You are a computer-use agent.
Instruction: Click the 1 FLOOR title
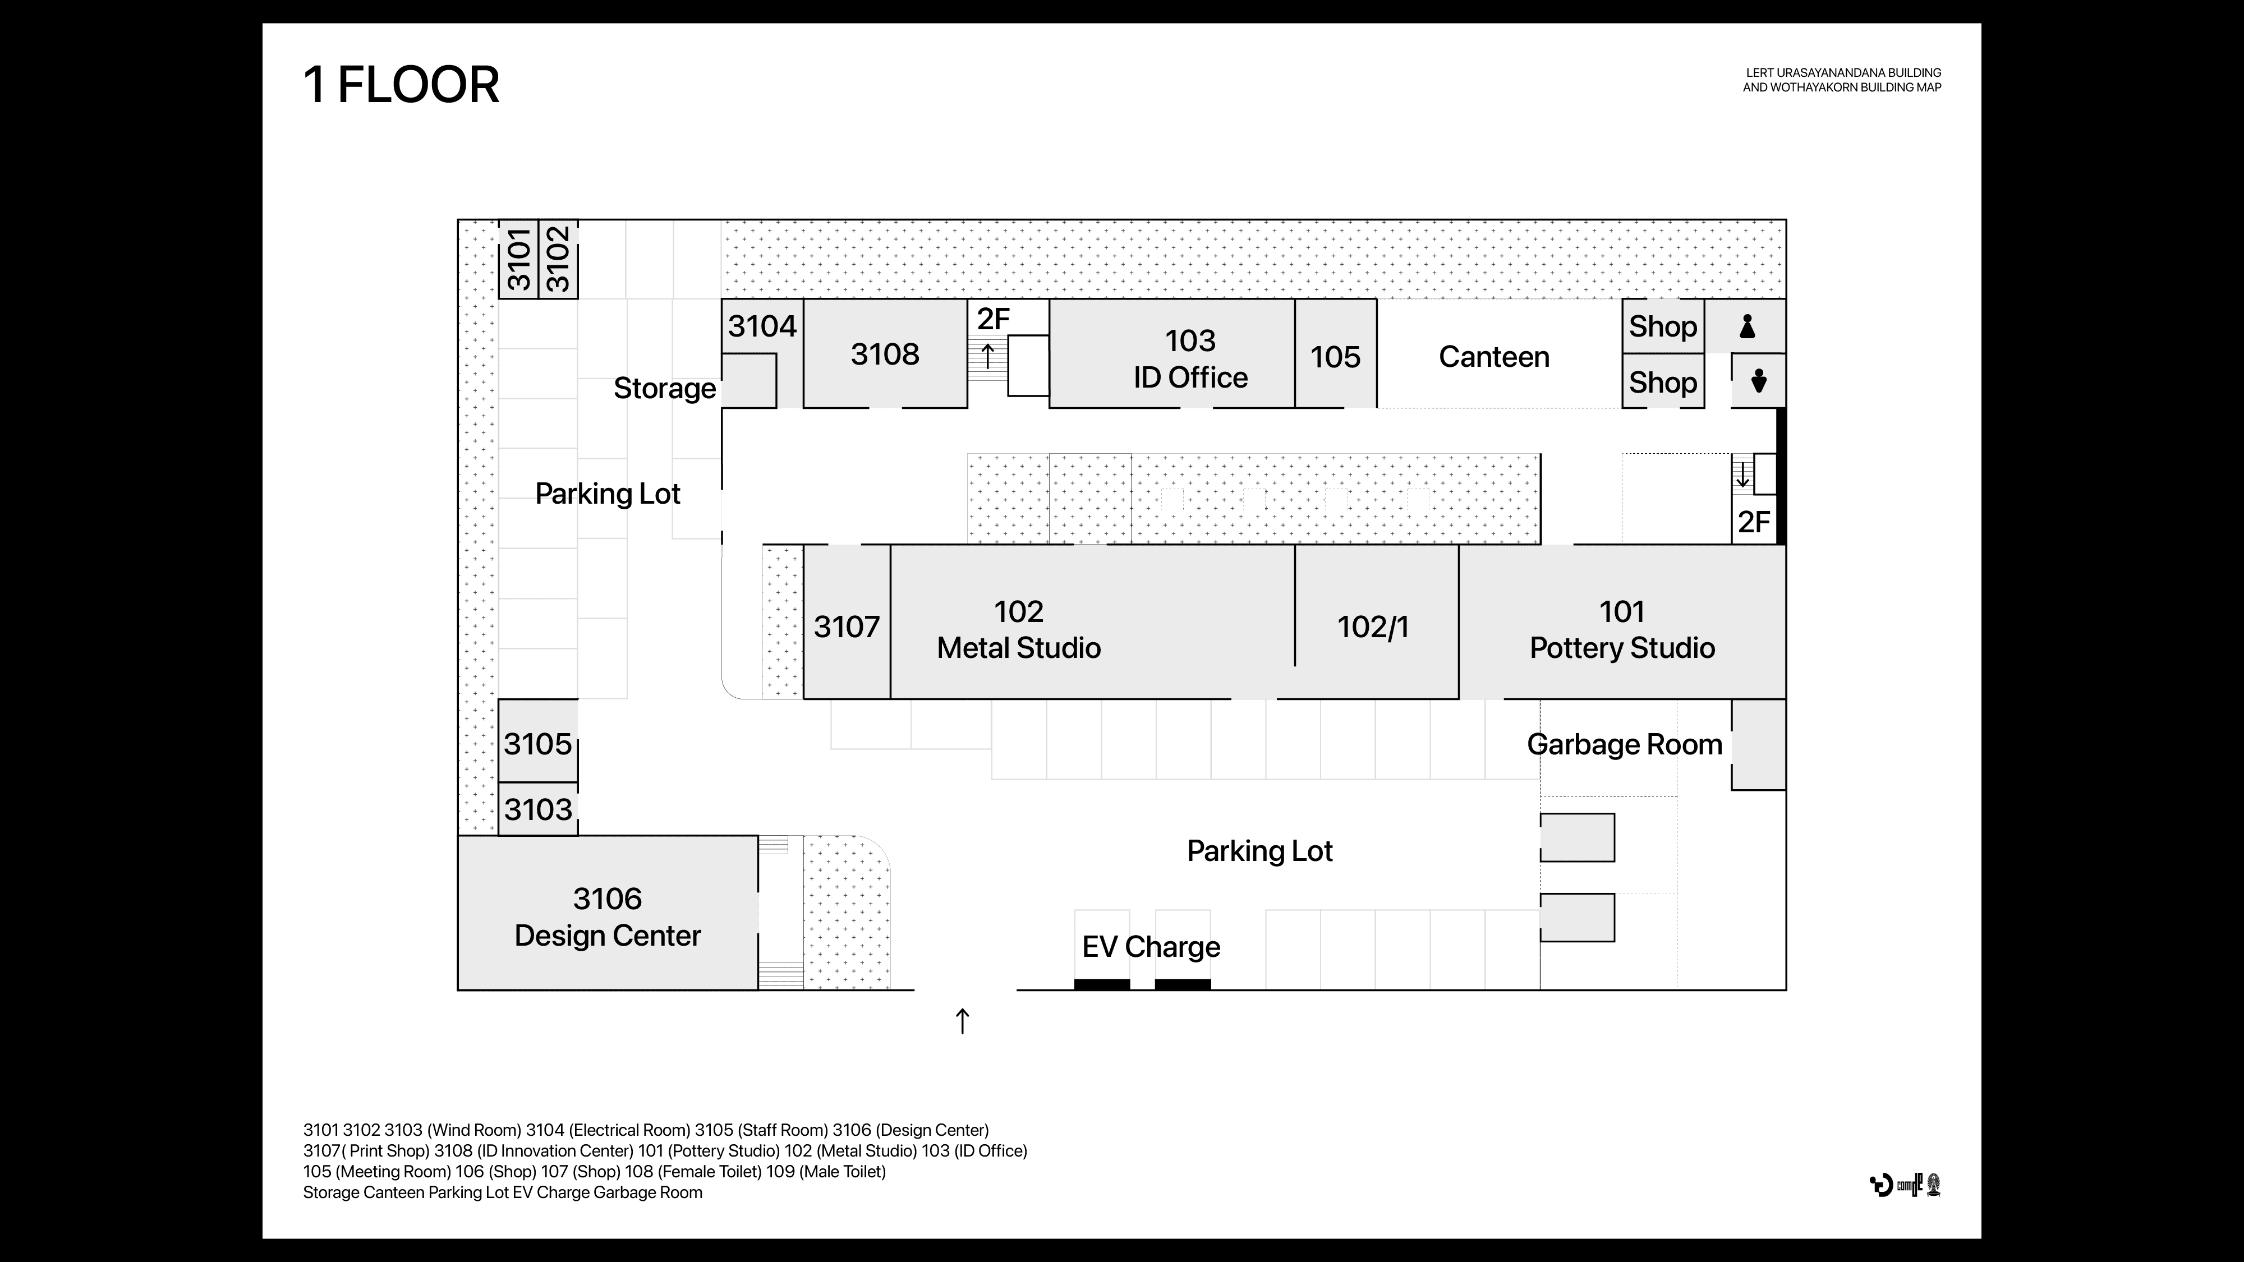[401, 85]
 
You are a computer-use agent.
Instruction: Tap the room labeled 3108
[884, 354]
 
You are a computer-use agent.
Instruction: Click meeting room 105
[1335, 357]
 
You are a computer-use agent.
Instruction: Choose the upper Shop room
[1662, 326]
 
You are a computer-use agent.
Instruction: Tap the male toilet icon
[1758, 381]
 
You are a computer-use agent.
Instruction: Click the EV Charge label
[1151, 947]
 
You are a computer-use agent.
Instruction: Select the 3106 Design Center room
[607, 916]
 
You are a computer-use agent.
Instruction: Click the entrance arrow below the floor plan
[962, 1021]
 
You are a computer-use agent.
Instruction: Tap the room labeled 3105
[537, 744]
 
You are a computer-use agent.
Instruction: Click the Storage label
[664, 389]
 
